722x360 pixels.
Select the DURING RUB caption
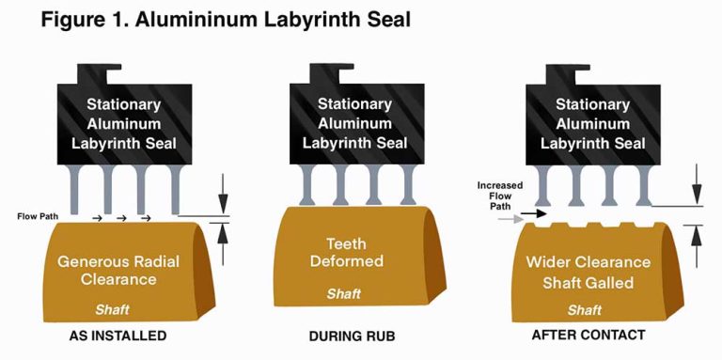349,336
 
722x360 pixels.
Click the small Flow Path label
39,217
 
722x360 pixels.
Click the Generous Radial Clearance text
118,270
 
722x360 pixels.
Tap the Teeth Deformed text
349,251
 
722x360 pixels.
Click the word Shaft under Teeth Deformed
343,294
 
